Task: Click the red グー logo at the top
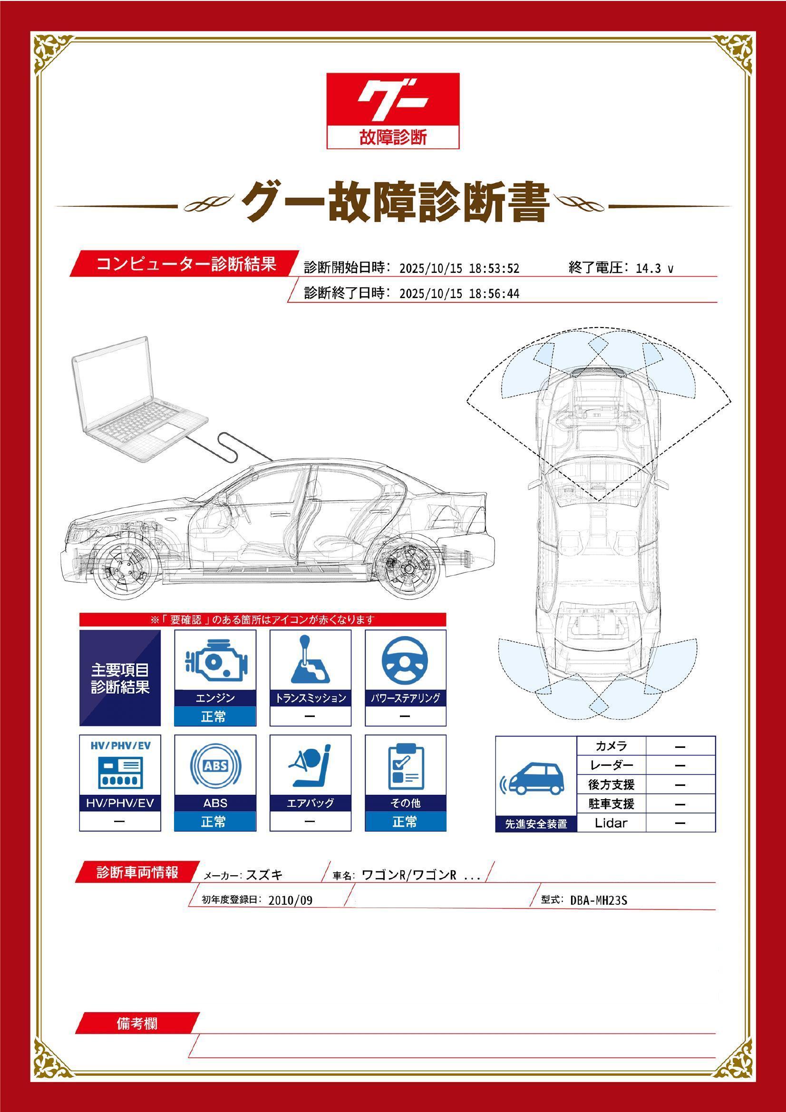(x=393, y=110)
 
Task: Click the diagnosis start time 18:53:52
(x=494, y=269)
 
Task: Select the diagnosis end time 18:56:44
(x=494, y=294)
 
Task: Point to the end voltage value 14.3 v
(x=654, y=269)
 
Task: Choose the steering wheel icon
(x=405, y=660)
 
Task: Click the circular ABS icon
(x=215, y=766)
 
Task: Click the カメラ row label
(x=611, y=746)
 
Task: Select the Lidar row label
(x=611, y=823)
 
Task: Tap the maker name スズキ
(x=264, y=875)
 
